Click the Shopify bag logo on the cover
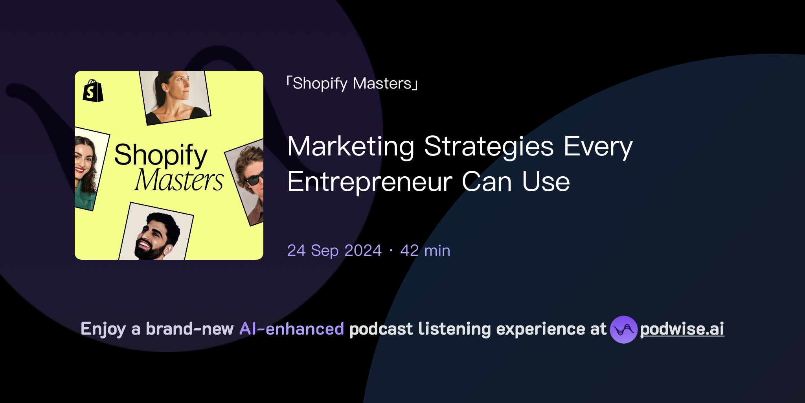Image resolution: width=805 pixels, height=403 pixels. (x=93, y=91)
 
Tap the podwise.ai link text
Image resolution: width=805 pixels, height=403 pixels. (x=682, y=329)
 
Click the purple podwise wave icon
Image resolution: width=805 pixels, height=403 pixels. (x=623, y=329)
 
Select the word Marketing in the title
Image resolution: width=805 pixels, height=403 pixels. (x=351, y=146)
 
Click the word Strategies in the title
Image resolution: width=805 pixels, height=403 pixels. (x=489, y=146)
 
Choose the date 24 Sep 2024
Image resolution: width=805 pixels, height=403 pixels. (x=334, y=251)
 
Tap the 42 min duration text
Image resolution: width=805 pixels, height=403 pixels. (x=425, y=251)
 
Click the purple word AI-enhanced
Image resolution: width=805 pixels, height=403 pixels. (x=292, y=329)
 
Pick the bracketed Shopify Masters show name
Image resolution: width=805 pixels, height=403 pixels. (x=352, y=83)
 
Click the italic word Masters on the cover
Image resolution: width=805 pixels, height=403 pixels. (x=179, y=180)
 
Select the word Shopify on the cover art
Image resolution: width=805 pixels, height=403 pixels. (x=160, y=155)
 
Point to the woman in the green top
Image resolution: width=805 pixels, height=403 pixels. (x=86, y=169)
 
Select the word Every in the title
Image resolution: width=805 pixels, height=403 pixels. (x=598, y=146)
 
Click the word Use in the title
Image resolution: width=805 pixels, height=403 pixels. (x=546, y=182)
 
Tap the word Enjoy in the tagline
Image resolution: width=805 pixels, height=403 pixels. (x=103, y=329)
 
